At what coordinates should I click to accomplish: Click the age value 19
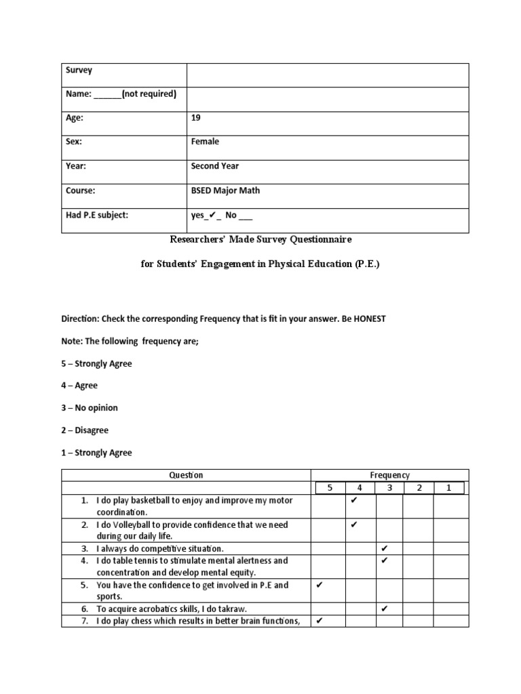(196, 117)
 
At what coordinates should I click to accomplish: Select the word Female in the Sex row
(206, 142)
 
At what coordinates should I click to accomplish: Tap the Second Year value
(215, 166)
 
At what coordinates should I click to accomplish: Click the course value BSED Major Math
(225, 190)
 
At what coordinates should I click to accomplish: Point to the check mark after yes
(211, 216)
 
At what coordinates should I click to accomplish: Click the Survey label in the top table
(79, 70)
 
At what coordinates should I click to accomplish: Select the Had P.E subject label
(96, 215)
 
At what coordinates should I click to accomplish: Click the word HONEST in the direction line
(366, 319)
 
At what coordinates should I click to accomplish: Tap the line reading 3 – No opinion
(90, 408)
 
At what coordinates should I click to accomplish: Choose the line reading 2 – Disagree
(85, 430)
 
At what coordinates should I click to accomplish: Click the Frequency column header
(389, 475)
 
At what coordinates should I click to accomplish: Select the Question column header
(187, 475)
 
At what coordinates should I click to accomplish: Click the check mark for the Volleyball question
(353, 525)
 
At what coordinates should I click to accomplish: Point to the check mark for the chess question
(320, 620)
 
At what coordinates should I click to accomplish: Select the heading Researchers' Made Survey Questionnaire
(260, 239)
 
